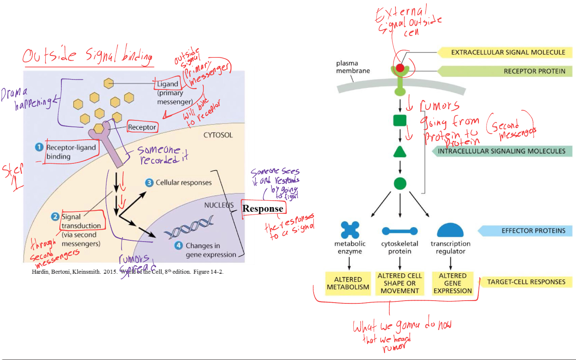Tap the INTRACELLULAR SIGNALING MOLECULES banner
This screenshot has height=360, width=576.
(x=501, y=151)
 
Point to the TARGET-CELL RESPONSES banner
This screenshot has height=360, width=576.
(x=526, y=282)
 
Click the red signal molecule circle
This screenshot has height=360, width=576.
(x=400, y=68)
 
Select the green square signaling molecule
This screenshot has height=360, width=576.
(x=400, y=120)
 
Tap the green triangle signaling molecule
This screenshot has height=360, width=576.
(x=400, y=152)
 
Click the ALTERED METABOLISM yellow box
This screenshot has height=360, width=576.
(x=348, y=283)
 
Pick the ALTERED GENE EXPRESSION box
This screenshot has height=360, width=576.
(x=452, y=283)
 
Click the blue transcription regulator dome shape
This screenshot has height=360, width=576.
(x=450, y=231)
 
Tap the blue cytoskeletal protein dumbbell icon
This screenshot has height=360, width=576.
(x=400, y=231)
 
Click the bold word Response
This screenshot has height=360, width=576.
(x=263, y=209)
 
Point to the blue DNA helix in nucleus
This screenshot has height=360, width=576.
(x=189, y=228)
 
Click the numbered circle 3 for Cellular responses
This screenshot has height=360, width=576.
(x=149, y=183)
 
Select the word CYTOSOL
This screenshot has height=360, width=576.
(x=218, y=135)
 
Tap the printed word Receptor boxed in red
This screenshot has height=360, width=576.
(x=142, y=127)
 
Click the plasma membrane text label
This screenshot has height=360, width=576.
(x=353, y=67)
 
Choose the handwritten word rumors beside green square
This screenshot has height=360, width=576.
(x=440, y=106)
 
